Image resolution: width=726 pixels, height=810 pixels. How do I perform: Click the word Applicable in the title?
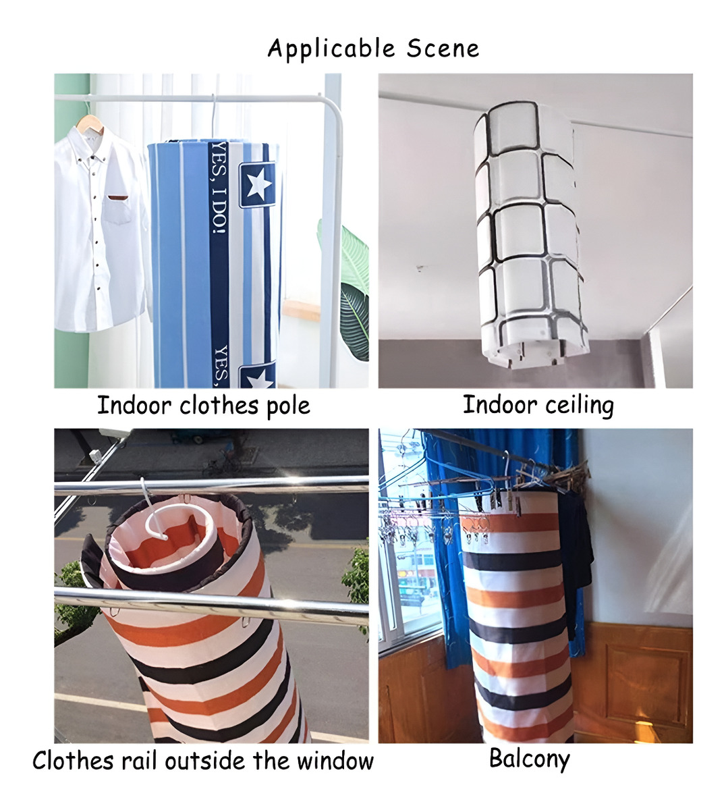331,49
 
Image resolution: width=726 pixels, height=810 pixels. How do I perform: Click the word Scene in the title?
443,49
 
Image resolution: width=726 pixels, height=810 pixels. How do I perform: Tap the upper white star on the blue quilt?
258,183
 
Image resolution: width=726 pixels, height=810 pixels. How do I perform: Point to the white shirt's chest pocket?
118,209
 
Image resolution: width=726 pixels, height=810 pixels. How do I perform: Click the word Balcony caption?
529,759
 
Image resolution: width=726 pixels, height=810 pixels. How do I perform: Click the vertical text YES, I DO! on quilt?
219,189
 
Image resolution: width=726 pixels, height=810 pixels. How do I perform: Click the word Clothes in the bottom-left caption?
73,761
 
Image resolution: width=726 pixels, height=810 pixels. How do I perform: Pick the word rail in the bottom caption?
139,761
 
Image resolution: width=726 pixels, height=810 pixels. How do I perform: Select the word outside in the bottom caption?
204,761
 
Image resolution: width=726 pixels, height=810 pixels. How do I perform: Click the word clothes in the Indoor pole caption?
219,406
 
